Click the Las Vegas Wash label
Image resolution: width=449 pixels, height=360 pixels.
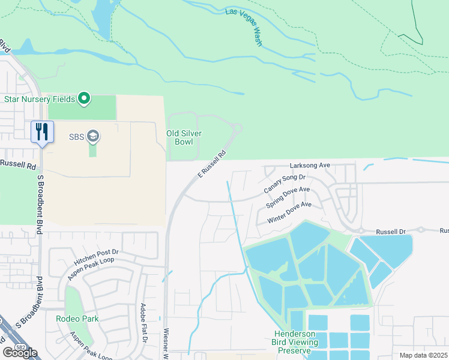pyautogui.click(x=244, y=28)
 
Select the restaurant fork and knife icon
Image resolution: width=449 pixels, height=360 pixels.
pyautogui.click(x=42, y=132)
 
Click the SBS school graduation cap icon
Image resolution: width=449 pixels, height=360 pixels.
pyautogui.click(x=93, y=137)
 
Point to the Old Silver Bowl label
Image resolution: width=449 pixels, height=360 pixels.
pyautogui.click(x=184, y=137)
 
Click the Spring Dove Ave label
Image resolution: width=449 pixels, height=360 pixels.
pyautogui.click(x=288, y=197)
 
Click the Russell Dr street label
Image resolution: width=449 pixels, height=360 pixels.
pyautogui.click(x=391, y=231)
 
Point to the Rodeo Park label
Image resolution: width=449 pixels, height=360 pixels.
pyautogui.click(x=77, y=319)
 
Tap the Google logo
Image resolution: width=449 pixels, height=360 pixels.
pyautogui.click(x=20, y=352)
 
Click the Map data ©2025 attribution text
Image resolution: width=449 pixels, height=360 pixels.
pyautogui.click(x=424, y=355)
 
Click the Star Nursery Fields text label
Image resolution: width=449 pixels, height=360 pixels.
pyautogui.click(x=40, y=98)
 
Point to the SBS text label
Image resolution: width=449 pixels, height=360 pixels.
pyautogui.click(x=76, y=137)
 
